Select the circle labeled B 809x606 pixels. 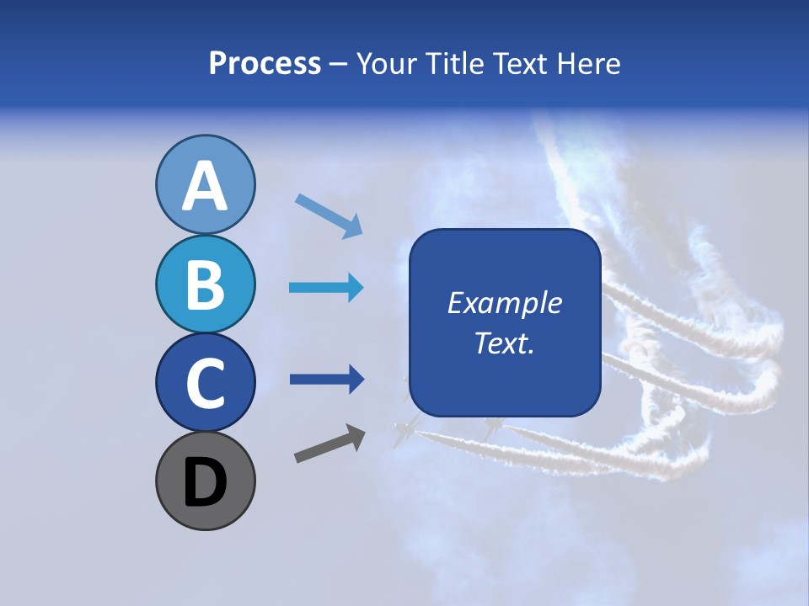(x=205, y=284)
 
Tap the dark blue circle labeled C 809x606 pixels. (x=205, y=383)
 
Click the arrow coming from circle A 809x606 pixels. (x=329, y=215)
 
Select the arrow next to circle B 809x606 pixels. (x=326, y=288)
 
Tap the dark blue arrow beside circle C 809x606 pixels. (x=326, y=380)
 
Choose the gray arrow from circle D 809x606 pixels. (x=329, y=444)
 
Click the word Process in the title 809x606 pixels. (x=265, y=64)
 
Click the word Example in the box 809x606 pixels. (x=504, y=303)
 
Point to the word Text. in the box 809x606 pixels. (x=504, y=343)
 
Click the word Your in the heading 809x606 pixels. (x=387, y=64)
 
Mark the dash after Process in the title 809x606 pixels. (x=339, y=64)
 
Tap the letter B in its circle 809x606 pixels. (x=205, y=284)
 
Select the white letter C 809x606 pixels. (x=205, y=384)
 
